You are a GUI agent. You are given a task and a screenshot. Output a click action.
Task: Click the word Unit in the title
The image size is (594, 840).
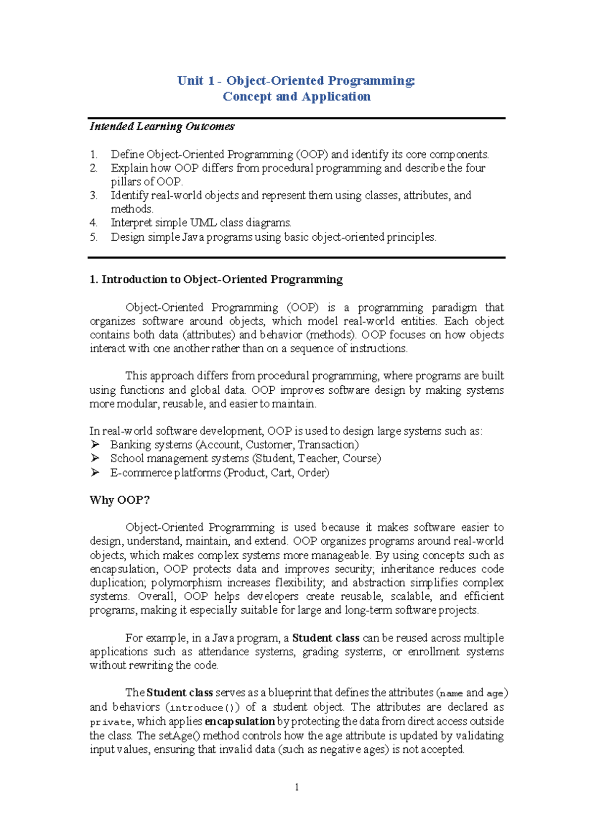[x=190, y=81]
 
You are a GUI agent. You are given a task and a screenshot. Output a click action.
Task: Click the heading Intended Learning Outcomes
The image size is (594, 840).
[x=162, y=127]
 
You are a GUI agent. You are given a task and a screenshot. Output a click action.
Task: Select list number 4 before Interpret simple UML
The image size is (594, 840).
[x=94, y=223]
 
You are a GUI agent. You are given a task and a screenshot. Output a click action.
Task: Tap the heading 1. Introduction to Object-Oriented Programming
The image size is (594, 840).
[x=216, y=279]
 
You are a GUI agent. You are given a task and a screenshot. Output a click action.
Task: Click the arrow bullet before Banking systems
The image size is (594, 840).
[x=95, y=444]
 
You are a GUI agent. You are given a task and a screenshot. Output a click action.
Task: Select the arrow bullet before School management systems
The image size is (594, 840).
[x=95, y=458]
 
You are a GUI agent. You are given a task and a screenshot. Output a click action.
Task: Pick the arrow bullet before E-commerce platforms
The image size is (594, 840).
[x=95, y=472]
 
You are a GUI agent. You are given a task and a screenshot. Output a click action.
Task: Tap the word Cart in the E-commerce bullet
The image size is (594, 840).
[x=281, y=472]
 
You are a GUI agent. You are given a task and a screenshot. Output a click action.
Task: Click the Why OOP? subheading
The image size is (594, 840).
[x=119, y=500]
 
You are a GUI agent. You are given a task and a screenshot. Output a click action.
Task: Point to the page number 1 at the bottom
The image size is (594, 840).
[x=297, y=787]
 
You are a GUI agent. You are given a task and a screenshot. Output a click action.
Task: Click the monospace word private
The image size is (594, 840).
[x=110, y=722]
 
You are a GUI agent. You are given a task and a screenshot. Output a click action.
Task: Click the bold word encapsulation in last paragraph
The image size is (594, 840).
[x=240, y=722]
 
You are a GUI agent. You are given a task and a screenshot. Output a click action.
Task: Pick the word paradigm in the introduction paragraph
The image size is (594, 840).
[x=454, y=308]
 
